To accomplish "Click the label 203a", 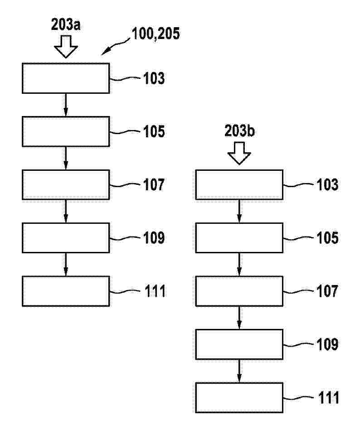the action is pos(66,25).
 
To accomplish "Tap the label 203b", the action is pos(239,131).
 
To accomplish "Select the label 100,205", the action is pos(156,34).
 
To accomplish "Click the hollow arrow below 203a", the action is pos(66,46).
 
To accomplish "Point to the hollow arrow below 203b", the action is pos(239,153).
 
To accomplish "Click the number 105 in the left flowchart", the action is pos(154,131).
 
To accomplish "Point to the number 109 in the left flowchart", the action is pos(154,238).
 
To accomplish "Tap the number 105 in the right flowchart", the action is pos(327,238).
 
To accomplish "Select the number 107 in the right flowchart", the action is pos(327,291).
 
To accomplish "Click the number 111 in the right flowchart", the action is pos(328,397).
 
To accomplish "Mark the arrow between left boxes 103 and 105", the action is pos(66,105).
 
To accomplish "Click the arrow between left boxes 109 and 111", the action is pos(66,265).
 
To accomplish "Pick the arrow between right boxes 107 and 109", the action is pos(239,318).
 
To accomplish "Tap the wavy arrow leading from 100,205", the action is pos(115,47).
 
